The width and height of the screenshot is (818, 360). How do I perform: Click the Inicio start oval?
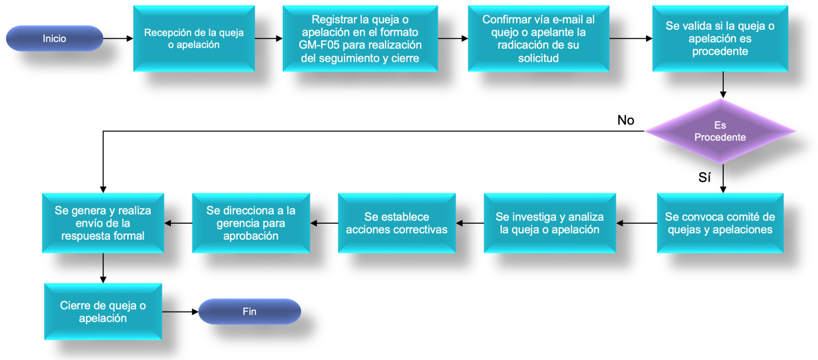54,38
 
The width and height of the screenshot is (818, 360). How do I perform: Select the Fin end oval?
249,312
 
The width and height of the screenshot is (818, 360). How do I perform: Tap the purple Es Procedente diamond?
720,131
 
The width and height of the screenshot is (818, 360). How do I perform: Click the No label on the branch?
626,120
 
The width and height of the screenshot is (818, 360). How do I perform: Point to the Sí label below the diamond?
705,178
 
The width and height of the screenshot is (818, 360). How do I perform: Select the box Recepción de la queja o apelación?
194,38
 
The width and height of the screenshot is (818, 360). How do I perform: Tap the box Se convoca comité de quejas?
720,223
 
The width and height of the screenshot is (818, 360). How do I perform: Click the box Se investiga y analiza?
550,223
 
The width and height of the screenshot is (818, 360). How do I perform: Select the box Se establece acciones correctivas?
397,223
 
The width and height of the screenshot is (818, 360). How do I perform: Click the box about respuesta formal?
103,223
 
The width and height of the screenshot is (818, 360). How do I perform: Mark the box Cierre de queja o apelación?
103,312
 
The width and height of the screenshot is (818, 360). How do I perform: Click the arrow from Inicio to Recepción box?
117,38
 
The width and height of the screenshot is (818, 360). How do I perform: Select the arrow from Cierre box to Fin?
179,312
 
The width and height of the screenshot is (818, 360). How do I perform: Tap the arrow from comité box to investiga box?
636,223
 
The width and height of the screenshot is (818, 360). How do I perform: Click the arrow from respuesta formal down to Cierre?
103,267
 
